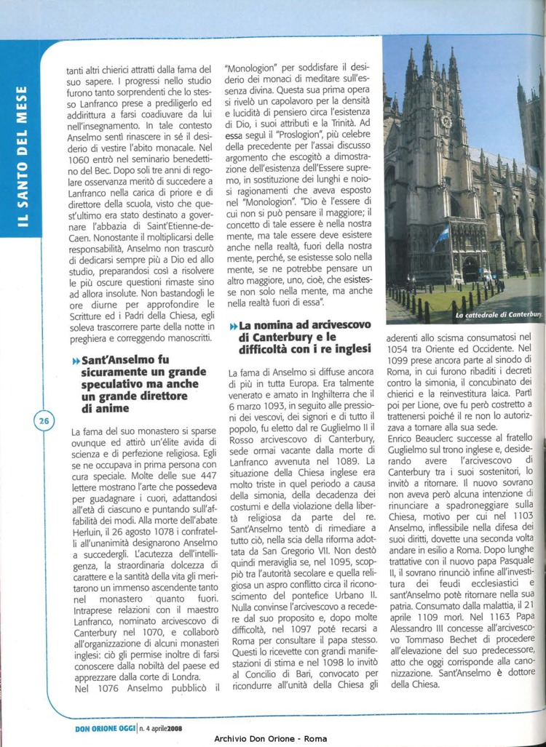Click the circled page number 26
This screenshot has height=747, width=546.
[x=43, y=420]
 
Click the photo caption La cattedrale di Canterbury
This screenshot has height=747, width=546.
[x=499, y=314]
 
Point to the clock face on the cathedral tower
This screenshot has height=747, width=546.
[x=446, y=120]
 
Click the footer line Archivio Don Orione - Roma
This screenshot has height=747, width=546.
[x=271, y=739]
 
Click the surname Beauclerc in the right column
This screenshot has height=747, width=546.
[x=435, y=439]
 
